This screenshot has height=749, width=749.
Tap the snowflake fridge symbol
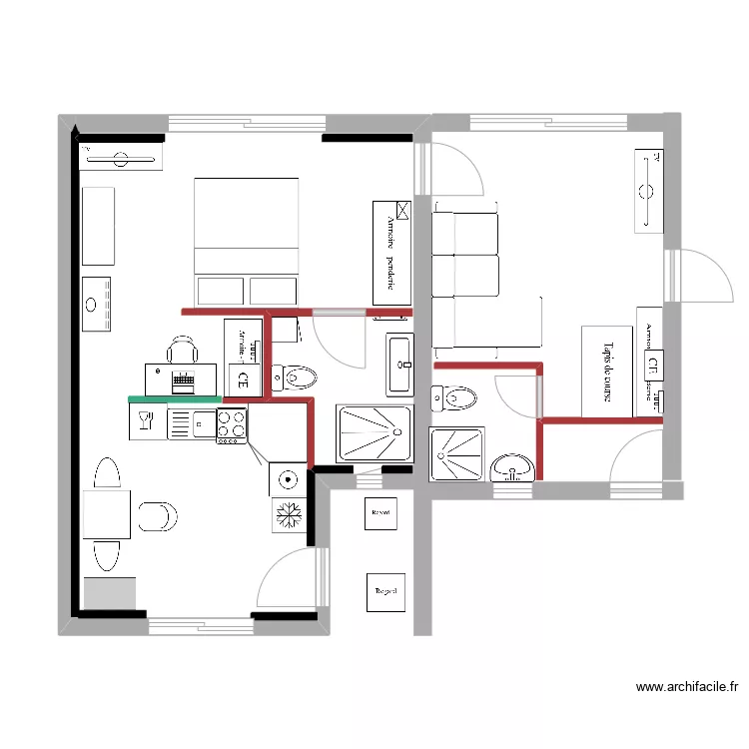click(x=288, y=515)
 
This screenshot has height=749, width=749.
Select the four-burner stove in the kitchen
click(x=232, y=424)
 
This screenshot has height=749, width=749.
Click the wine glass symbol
click(x=145, y=421)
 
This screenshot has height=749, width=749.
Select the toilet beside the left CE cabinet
click(x=294, y=376)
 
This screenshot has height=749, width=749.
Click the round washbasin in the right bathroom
click(x=514, y=466)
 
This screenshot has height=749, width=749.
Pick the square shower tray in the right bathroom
click(x=457, y=454)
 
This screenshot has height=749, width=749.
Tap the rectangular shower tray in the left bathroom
click(x=374, y=434)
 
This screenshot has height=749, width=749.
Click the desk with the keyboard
click(x=181, y=379)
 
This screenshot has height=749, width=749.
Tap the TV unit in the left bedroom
click(x=120, y=158)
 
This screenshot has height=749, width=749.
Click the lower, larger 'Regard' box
click(x=385, y=591)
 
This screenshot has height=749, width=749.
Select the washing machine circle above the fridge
click(x=288, y=479)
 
